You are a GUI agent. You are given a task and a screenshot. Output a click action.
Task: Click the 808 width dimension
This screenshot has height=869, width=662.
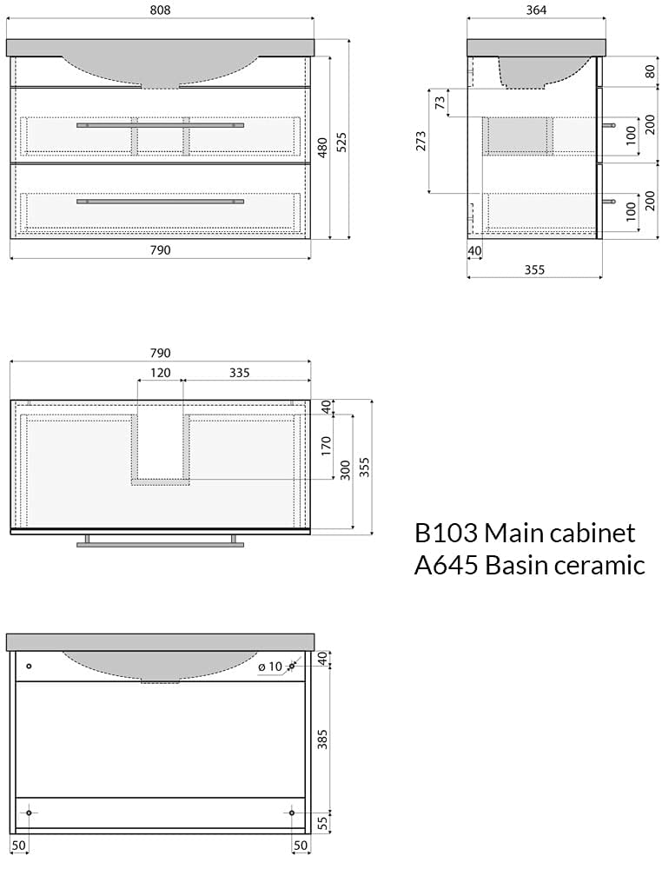tap(160, 10)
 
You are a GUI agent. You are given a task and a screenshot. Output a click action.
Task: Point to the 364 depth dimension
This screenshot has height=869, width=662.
tap(535, 10)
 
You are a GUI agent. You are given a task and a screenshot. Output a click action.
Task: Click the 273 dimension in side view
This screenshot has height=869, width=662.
tap(421, 141)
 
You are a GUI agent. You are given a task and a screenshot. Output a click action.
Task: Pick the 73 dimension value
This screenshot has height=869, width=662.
tap(440, 102)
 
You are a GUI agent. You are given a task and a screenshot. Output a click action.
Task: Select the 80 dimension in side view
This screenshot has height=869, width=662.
tap(651, 71)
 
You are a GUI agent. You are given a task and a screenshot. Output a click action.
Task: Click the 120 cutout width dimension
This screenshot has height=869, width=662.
tap(160, 373)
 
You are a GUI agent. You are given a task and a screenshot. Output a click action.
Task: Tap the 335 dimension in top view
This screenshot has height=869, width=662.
tap(239, 373)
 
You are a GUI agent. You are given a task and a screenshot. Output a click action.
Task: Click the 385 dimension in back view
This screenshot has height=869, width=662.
tap(322, 740)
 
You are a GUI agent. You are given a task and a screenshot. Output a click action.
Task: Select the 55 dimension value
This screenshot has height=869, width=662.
tap(322, 822)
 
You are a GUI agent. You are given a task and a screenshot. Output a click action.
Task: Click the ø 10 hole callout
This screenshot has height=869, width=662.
tap(271, 667)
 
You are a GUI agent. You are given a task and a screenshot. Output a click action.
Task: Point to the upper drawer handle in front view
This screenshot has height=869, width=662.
tap(160, 125)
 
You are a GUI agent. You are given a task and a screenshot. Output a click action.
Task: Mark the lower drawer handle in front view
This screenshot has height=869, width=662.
tap(160, 202)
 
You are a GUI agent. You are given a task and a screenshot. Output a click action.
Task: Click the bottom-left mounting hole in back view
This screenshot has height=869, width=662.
tap(29, 813)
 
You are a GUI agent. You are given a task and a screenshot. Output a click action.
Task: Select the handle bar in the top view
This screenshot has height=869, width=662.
tap(160, 545)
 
